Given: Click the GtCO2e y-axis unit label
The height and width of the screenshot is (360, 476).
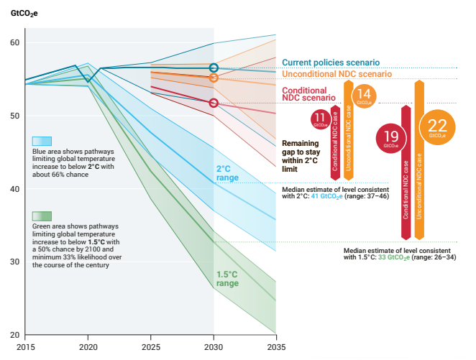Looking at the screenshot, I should (x=24, y=12).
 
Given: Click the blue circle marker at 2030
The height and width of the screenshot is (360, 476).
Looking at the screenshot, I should (x=214, y=68).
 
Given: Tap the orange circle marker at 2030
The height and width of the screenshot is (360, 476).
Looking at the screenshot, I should (x=214, y=77).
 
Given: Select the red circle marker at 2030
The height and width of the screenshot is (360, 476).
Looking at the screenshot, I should (x=214, y=103).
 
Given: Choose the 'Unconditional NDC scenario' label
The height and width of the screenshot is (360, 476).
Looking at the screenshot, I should (x=337, y=74).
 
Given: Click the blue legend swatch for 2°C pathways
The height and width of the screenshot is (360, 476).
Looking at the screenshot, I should (x=42, y=141).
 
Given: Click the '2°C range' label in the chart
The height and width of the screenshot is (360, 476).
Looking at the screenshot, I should (x=227, y=172).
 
